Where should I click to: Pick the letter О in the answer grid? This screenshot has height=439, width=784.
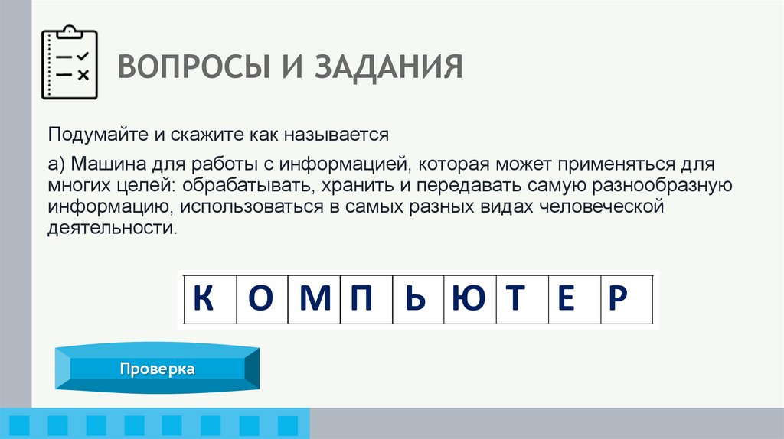pos(261,298)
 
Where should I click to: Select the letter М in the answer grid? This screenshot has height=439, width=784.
pos(314,298)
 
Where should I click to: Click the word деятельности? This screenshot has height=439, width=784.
pos(110,228)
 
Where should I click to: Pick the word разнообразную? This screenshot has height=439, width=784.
pos(662,186)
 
